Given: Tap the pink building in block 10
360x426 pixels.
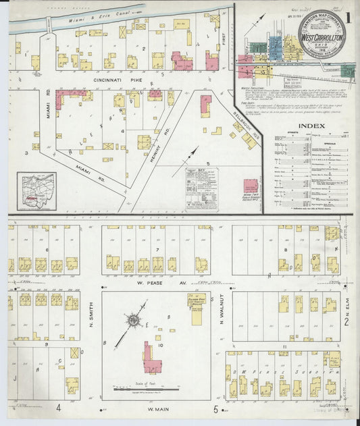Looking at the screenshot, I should [x=151, y=358].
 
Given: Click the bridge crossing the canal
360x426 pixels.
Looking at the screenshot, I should [x=49, y=24].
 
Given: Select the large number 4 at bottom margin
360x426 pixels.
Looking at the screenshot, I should [x=59, y=407].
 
